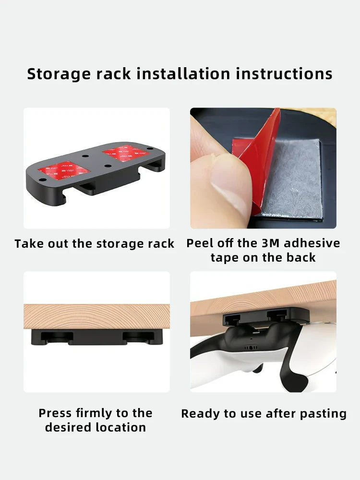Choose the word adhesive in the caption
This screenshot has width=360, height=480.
coord(313,243)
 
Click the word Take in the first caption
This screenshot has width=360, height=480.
coord(27,244)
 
